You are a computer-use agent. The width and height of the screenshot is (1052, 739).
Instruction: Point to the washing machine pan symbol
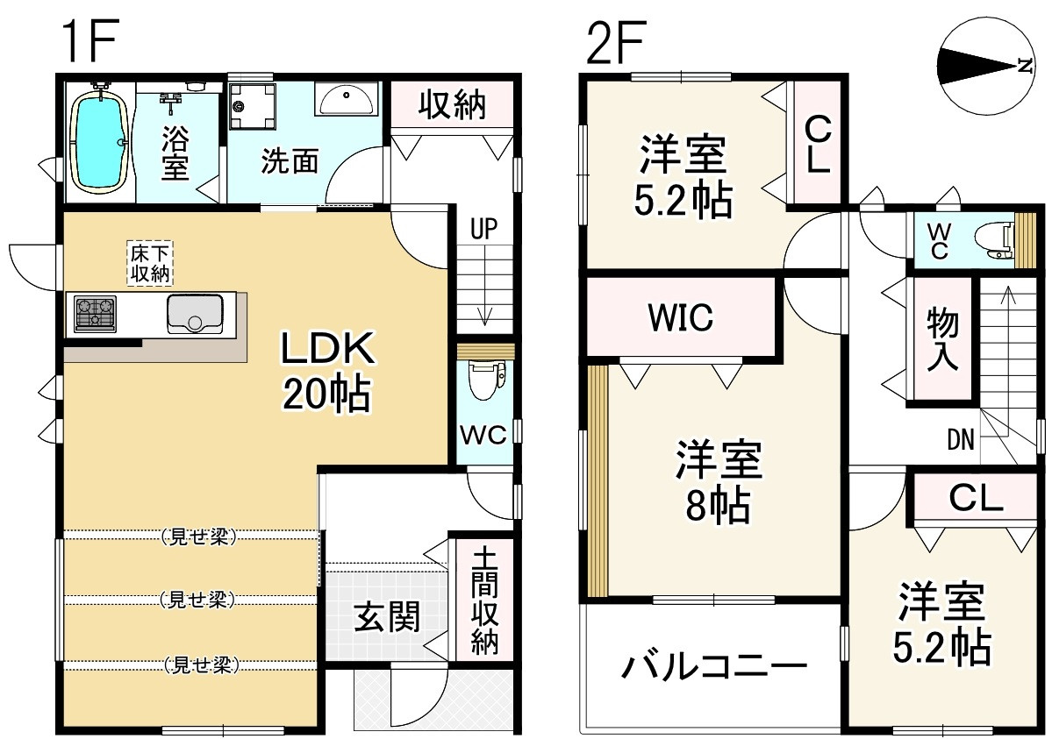[252, 106]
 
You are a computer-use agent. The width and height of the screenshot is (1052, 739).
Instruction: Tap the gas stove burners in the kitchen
[96, 314]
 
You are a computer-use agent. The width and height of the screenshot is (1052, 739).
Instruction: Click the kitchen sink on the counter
[195, 313]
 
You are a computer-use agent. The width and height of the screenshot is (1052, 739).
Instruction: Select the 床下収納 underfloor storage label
[151, 263]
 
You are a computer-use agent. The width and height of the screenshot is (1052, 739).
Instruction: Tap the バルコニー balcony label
[713, 670]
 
